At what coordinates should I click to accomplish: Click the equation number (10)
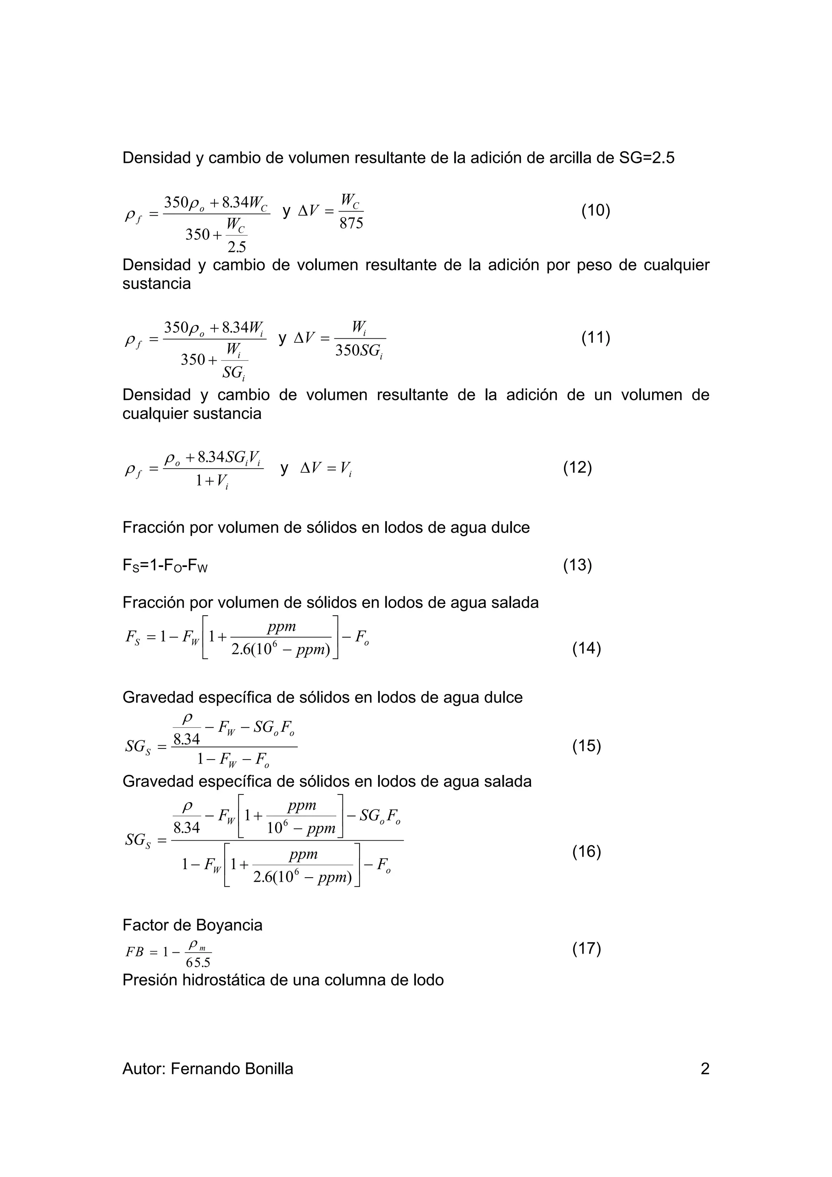click(x=595, y=210)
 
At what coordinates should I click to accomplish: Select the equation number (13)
click(x=577, y=565)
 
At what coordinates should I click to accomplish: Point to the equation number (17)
click(x=587, y=948)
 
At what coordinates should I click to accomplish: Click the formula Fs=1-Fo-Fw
click(x=165, y=565)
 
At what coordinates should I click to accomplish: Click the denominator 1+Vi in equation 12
click(x=212, y=482)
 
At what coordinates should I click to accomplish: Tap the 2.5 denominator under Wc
click(x=236, y=248)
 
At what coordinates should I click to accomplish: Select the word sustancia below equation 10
click(x=156, y=283)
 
